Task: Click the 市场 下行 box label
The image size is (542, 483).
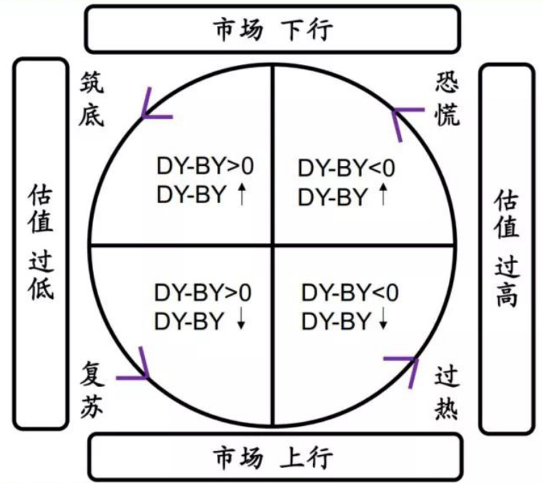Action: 272,30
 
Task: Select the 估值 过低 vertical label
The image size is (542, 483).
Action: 41,242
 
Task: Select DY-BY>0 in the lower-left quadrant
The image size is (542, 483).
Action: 203,293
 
